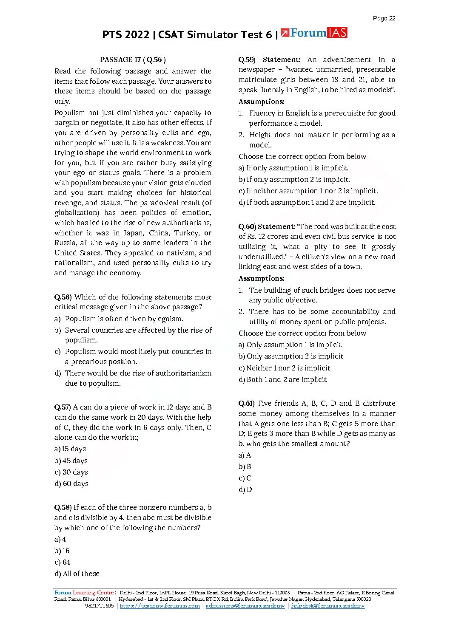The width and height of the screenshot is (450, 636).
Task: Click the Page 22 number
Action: tap(384, 18)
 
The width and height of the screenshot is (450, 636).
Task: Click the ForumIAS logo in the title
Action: tap(314, 33)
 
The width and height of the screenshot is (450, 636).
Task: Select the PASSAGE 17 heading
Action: tap(133, 60)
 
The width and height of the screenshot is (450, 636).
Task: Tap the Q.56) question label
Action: tap(63, 297)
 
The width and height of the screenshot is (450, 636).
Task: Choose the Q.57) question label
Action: tap(63, 407)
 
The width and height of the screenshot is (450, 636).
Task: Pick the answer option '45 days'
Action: tap(71, 461)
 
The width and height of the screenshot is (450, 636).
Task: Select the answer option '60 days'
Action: tap(71, 484)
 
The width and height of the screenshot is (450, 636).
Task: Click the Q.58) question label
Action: tap(63, 508)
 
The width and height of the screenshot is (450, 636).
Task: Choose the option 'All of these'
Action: tap(77, 574)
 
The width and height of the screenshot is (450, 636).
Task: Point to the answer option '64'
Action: tap(63, 563)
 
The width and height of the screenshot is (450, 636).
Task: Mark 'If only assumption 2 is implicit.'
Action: tap(294, 180)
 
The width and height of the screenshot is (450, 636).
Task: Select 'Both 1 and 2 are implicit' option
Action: tap(283, 380)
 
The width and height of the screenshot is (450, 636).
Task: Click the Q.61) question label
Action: tap(247, 404)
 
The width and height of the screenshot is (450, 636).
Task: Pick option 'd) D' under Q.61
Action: tap(245, 490)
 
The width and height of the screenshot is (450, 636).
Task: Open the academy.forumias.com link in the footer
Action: tap(160, 606)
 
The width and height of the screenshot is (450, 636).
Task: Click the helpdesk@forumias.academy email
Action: tap(328, 606)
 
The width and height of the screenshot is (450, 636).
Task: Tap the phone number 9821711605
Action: tap(100, 606)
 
